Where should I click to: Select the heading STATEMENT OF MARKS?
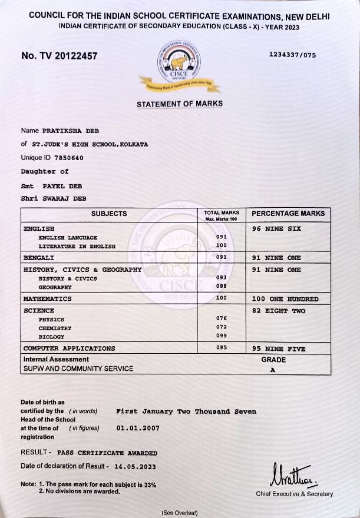[180, 104]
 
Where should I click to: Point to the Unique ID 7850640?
[69, 158]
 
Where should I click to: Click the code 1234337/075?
[292, 55]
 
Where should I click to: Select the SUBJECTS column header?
[109, 214]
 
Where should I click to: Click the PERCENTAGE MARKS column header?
[288, 214]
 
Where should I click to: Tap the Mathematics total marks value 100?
[222, 298]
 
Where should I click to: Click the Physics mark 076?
[222, 318]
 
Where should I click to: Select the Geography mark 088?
[222, 287]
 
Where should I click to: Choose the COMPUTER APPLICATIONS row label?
[70, 348]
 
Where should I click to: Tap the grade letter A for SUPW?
[272, 370]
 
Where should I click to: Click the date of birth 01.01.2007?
[138, 428]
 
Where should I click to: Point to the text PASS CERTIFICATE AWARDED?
[107, 453]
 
